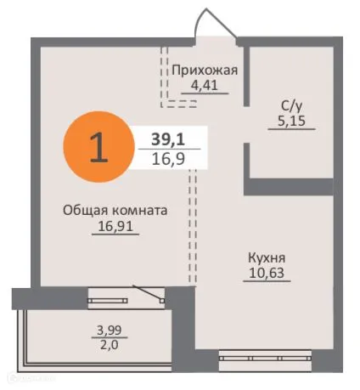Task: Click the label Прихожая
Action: [204, 70]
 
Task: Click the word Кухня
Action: [267, 257]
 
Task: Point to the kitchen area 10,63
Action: [267, 274]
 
